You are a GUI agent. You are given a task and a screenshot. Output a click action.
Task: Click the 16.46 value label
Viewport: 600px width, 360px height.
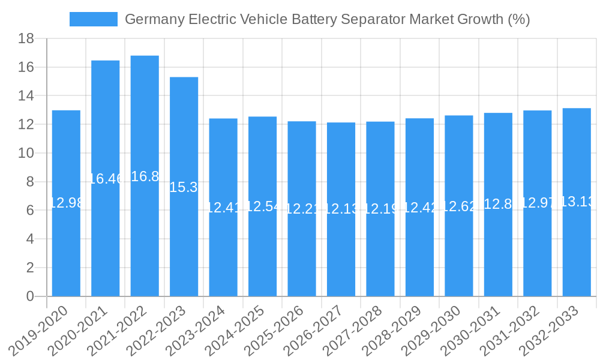tap(106, 178)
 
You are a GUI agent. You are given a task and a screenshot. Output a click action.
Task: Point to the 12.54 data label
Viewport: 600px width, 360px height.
tap(262, 206)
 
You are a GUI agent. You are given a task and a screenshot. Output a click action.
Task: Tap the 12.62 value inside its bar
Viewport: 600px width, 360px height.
tap(459, 207)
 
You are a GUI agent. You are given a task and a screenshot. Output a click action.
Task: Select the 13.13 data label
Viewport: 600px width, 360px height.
tap(577, 202)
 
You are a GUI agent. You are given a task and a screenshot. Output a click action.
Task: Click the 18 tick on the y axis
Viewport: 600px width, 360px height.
tap(26, 39)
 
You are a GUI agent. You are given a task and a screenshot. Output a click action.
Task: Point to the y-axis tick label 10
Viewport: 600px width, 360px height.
tap(26, 154)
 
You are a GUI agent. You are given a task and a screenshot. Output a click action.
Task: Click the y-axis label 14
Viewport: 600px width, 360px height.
tap(26, 96)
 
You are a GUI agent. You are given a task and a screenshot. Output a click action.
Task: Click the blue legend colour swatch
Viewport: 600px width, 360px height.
tap(94, 19)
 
